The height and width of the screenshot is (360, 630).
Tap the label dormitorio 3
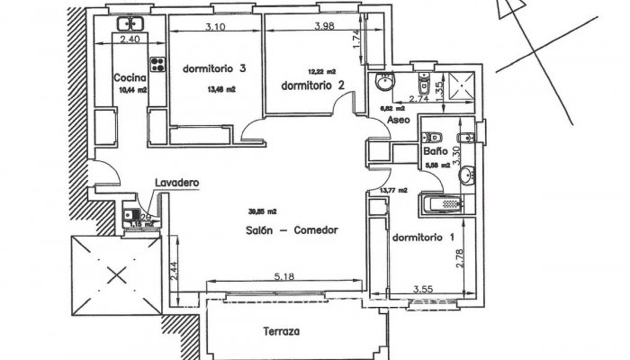[x=214, y=68]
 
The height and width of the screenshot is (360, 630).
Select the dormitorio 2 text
[x=313, y=85]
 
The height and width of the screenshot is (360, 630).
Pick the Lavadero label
[x=176, y=183]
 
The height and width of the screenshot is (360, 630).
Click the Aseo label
[x=398, y=120]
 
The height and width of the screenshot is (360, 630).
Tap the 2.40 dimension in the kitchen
[x=131, y=40]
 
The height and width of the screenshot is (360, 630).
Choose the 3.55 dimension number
[x=423, y=289]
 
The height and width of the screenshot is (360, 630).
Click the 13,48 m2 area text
[x=221, y=89]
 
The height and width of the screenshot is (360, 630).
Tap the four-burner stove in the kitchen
[x=160, y=65]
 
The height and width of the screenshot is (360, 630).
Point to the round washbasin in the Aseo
[x=384, y=82]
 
